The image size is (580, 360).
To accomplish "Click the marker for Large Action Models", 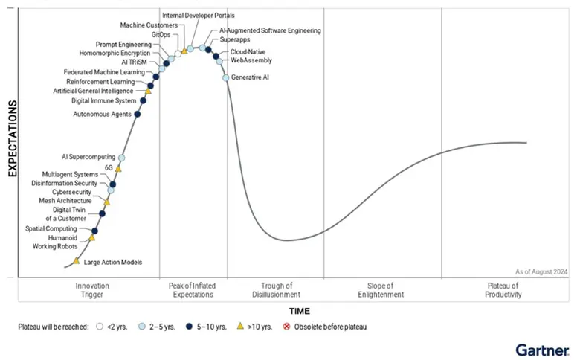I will [x=76, y=261].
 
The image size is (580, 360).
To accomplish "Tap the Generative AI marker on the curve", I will [x=226, y=77].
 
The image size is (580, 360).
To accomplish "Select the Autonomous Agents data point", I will [x=137, y=114].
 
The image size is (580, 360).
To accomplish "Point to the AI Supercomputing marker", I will [x=121, y=158].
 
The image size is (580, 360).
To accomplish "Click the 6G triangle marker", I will [x=118, y=169].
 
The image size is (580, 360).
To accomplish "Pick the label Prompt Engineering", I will [x=123, y=44].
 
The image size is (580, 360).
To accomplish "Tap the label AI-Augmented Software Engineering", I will [x=270, y=30].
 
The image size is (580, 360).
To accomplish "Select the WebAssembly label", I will [x=251, y=60].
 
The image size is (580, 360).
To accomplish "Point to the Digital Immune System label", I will [x=103, y=100].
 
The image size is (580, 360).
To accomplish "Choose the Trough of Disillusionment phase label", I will [x=276, y=290].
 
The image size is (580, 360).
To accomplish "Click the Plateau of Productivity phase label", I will [x=504, y=290].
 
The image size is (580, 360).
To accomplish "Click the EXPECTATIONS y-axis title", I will [x=13, y=139].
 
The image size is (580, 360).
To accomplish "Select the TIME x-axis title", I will [x=300, y=311].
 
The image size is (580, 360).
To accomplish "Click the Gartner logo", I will [x=542, y=349].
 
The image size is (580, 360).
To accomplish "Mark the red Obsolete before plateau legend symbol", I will [x=288, y=327].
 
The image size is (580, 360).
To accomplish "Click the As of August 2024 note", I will [x=541, y=272].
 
